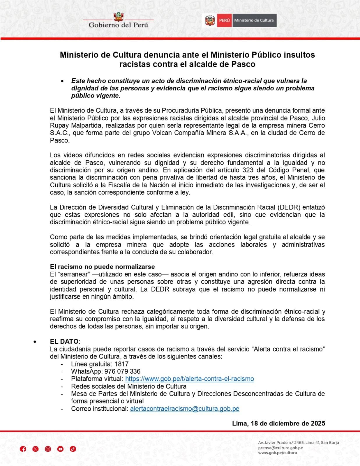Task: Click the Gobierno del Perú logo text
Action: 118,25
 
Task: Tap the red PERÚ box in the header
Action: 224,20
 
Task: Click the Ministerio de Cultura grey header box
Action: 254,20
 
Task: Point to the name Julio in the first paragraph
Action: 318,118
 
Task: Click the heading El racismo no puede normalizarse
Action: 102,267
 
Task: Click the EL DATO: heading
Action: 65,341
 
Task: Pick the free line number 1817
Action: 121,364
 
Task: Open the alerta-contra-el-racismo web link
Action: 189,379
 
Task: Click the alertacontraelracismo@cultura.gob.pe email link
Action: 184,409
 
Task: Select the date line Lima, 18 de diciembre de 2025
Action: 278,423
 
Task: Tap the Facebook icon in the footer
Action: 23,449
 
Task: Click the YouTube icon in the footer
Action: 60,449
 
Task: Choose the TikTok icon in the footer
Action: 73,449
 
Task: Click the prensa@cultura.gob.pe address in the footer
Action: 280,448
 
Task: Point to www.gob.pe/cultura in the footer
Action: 277,453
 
